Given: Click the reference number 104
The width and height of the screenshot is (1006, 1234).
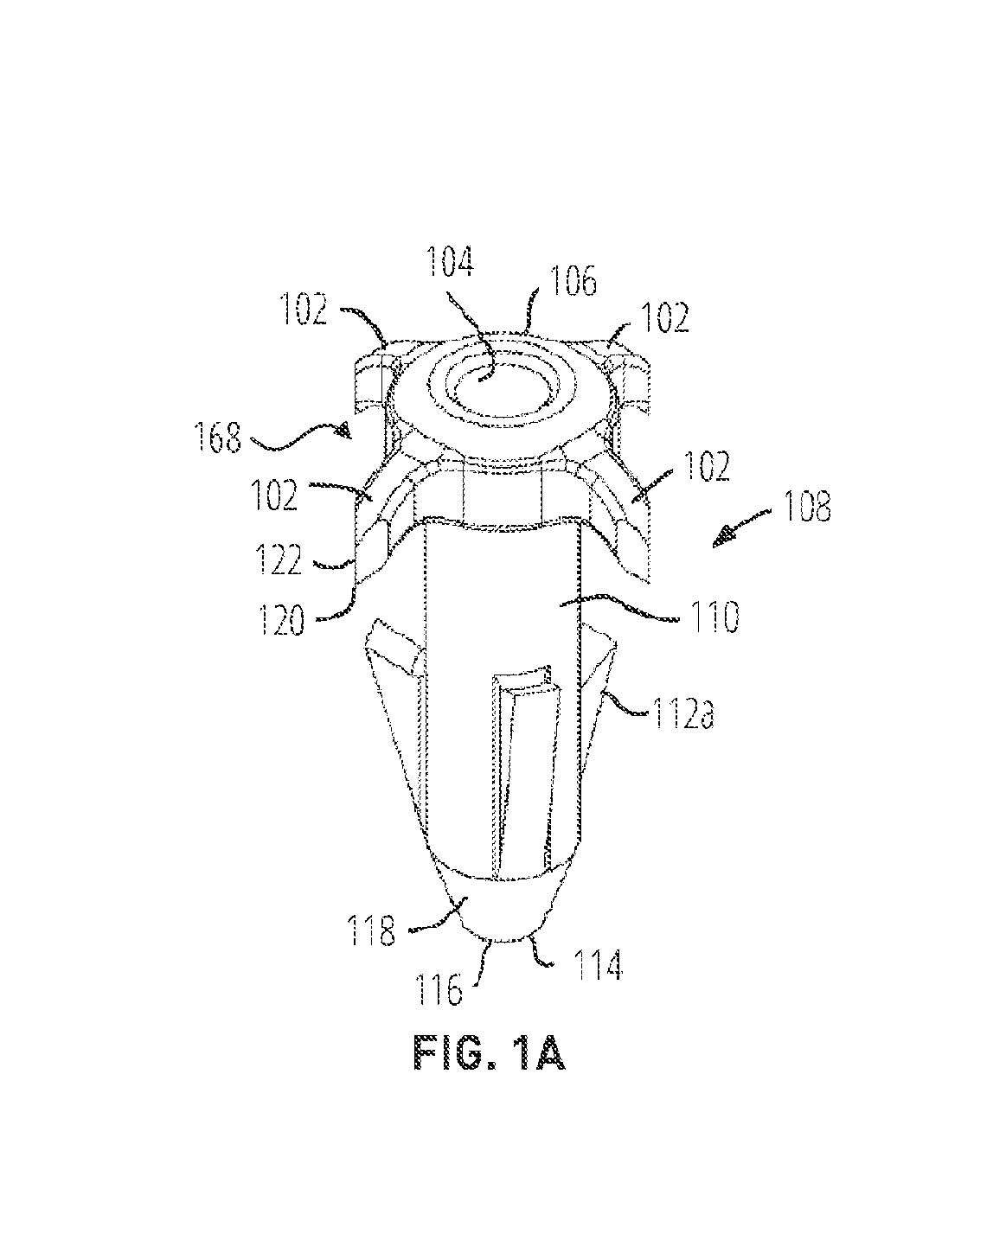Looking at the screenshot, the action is (450, 262).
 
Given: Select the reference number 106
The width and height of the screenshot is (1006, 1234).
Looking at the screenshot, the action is (572, 282).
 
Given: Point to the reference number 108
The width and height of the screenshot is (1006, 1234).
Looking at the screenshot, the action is (807, 507).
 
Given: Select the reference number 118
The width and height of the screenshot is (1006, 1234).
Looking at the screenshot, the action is (371, 930).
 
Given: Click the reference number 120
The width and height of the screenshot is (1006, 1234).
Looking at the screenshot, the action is (282, 621).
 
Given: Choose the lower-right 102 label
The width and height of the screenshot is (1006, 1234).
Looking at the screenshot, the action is (707, 466).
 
